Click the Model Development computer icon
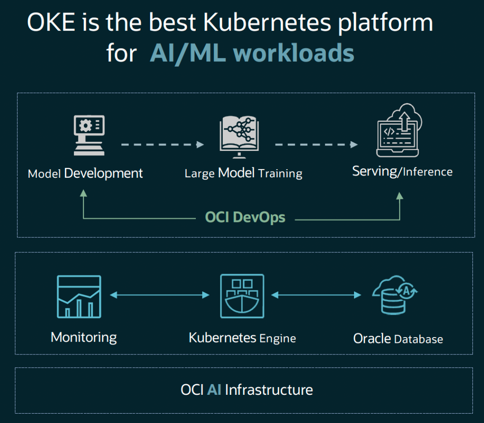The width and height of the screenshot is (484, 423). (89, 136)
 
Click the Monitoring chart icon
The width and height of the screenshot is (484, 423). (79, 296)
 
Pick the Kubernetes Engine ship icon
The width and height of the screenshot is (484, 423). (242, 296)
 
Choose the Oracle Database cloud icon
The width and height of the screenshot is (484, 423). (395, 295)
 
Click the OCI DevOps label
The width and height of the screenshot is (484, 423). (245, 218)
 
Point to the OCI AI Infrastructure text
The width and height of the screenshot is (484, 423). (246, 389)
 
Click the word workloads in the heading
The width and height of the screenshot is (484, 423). (294, 53)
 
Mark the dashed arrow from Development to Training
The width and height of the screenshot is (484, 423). (162, 145)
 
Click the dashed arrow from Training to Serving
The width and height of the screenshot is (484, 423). (316, 145)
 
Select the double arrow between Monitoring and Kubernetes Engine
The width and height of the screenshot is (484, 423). (160, 295)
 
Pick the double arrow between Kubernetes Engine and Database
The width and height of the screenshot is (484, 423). (316, 295)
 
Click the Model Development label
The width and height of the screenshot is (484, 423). (86, 173)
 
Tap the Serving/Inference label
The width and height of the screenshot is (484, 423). (402, 171)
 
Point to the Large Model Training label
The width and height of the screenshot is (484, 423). (243, 173)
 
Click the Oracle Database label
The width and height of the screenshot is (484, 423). (398, 338)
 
